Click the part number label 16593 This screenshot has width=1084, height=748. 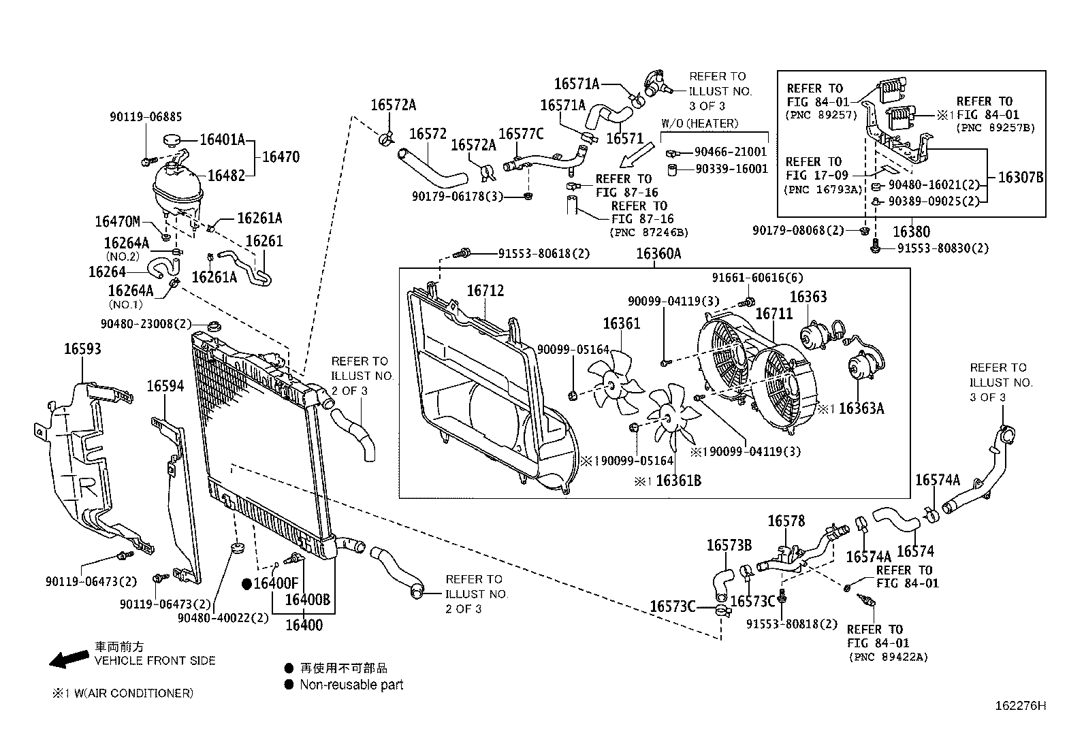click(82, 349)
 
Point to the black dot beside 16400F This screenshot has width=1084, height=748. click(248, 584)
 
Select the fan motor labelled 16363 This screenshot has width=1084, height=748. click(812, 336)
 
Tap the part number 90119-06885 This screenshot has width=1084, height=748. click(146, 117)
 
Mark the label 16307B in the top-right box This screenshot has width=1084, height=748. click(1020, 178)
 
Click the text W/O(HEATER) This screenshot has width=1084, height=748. click(699, 123)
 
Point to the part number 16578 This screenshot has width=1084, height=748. click(786, 521)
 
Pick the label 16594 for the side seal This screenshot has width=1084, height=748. click(165, 387)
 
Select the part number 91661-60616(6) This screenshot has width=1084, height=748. click(748, 278)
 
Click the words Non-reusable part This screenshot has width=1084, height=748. click(351, 685)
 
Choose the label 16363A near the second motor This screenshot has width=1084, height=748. click(861, 408)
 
